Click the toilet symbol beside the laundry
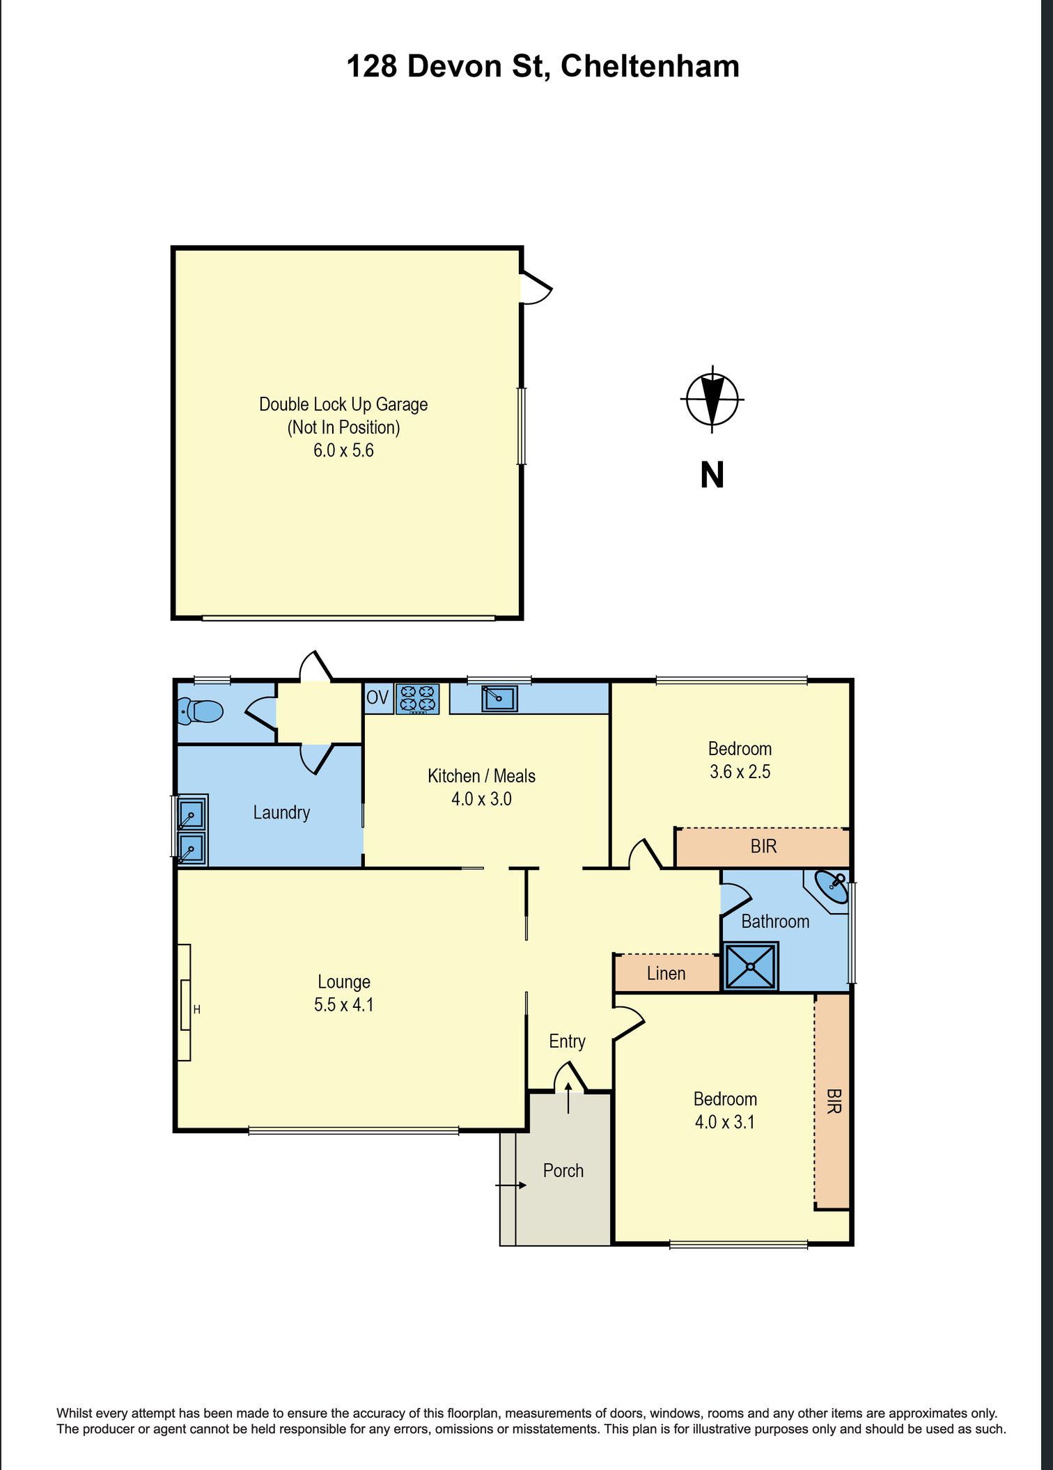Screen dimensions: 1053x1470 (x=200, y=711)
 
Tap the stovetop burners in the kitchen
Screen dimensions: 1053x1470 (x=418, y=699)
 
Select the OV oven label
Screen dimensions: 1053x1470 (x=377, y=697)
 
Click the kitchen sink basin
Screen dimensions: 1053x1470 (x=500, y=698)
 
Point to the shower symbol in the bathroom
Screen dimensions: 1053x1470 (x=751, y=965)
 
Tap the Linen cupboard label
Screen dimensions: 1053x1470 (x=666, y=973)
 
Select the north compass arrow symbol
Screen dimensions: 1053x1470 (x=712, y=400)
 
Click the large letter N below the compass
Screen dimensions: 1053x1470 (x=712, y=475)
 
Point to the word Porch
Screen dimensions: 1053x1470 (x=563, y=1170)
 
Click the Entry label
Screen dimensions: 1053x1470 (x=567, y=1041)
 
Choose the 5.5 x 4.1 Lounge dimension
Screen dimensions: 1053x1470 (x=344, y=1004)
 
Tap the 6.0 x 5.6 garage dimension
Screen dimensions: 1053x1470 (x=343, y=450)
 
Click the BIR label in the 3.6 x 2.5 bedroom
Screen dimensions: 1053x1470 (x=763, y=846)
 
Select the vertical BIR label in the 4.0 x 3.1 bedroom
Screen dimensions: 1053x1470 (x=833, y=1101)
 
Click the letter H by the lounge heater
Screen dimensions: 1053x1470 (x=197, y=1009)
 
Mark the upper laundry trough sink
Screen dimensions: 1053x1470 (x=191, y=813)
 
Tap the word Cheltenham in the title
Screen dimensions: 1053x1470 (x=650, y=67)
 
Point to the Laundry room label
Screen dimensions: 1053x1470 (x=281, y=812)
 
